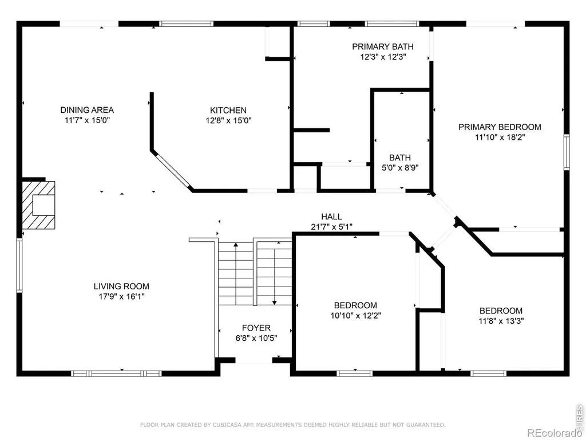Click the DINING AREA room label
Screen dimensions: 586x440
coord(87,110)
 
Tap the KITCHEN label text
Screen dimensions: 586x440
coord(228,111)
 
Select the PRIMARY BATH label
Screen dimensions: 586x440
coord(383,47)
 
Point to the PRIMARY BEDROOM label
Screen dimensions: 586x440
coord(500,127)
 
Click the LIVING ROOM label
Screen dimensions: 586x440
coord(121,286)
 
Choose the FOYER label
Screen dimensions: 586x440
coord(256,328)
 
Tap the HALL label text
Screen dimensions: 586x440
coord(331,217)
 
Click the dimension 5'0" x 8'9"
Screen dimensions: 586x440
coord(400,168)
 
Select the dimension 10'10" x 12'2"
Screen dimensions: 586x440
coord(355,316)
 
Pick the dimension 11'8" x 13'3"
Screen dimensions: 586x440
coord(501,321)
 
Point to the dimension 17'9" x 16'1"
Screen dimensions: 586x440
coord(121,296)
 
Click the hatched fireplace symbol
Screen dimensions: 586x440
coord(38,205)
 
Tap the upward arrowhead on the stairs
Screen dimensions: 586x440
coord(236,245)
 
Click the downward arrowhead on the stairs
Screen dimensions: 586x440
coord(275,302)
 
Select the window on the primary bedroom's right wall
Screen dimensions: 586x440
coord(567,152)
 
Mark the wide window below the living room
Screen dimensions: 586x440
coord(116,374)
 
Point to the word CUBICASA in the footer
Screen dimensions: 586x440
coord(225,425)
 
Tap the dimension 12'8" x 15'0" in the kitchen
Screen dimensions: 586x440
coord(228,120)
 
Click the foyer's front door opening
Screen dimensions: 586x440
coord(254,360)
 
